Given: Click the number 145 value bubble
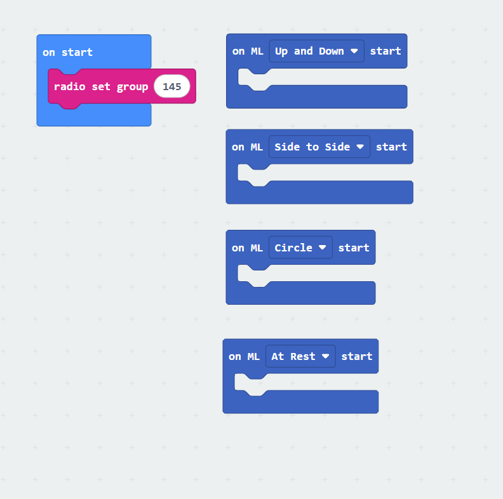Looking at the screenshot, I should click(x=172, y=86).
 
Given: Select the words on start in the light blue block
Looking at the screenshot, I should click(x=67, y=53).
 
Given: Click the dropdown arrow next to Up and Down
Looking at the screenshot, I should click(x=354, y=51).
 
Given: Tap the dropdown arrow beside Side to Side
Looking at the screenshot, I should click(x=360, y=147).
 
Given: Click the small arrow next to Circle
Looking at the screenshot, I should click(x=323, y=248).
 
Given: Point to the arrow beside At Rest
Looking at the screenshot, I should click(x=326, y=356).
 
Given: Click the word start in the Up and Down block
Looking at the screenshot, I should click(x=386, y=51).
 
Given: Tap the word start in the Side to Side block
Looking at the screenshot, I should click(x=391, y=147).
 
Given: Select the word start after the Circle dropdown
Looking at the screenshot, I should click(x=354, y=248).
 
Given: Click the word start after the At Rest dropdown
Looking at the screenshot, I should click(x=357, y=356).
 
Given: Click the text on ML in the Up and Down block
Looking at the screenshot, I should click(x=248, y=51).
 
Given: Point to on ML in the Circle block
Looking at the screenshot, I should click(x=247, y=248).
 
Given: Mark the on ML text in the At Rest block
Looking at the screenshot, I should click(x=244, y=356).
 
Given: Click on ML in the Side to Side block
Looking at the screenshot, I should click(x=247, y=147).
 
